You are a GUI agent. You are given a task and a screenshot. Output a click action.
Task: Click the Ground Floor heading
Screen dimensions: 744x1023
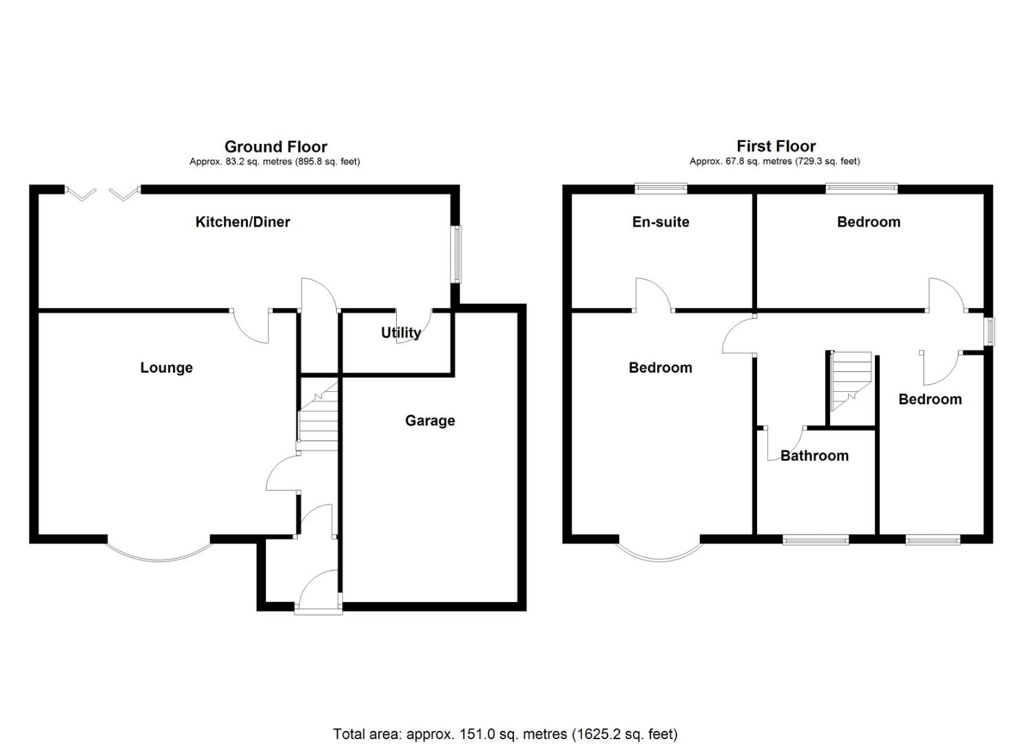click(276, 147)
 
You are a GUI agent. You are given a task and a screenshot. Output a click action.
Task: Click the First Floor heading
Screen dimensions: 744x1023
click(776, 146)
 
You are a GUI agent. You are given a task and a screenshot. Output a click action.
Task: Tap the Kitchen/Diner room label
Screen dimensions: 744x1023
click(242, 222)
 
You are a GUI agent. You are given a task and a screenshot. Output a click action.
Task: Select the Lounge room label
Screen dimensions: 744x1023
click(166, 368)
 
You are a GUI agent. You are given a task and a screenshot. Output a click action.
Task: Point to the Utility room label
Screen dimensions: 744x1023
click(401, 333)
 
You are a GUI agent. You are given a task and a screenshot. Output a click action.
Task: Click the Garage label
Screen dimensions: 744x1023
click(430, 421)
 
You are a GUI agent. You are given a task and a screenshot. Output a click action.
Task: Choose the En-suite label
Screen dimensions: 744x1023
click(661, 222)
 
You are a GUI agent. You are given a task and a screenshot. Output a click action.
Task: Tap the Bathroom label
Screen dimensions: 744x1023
click(814, 456)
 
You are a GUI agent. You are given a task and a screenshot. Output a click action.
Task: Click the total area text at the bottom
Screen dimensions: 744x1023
click(505, 734)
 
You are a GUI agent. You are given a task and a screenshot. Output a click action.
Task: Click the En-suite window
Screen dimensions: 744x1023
click(661, 187)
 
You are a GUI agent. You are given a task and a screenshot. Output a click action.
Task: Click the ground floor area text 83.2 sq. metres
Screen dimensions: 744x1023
click(275, 162)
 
